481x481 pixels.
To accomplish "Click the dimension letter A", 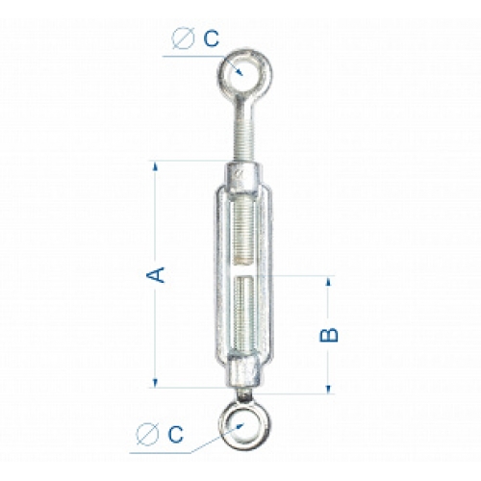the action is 156,274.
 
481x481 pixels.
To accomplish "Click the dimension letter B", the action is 329,335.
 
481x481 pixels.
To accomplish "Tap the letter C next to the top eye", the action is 212,38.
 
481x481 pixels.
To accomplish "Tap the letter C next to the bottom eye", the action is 176,435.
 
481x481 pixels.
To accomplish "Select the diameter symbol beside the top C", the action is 183,38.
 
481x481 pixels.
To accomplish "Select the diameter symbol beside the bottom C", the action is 147,434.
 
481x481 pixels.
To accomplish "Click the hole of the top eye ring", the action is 245,72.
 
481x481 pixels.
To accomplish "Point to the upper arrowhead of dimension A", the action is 156,166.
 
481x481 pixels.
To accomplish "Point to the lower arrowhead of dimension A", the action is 155,383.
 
